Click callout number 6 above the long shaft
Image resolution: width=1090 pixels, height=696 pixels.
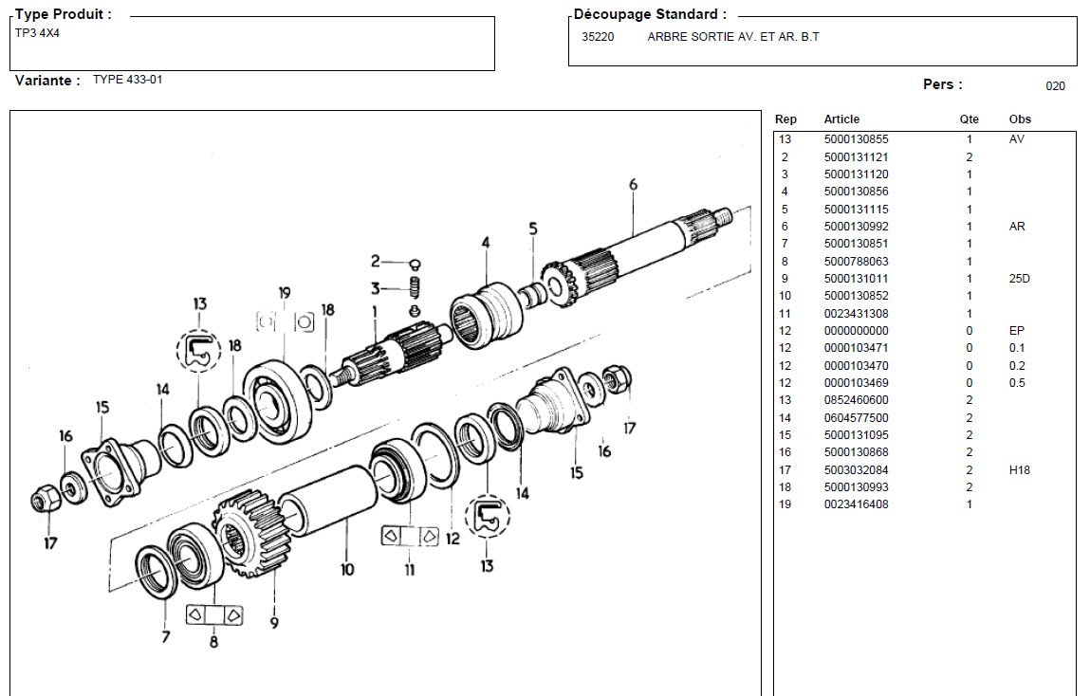pos(633,185)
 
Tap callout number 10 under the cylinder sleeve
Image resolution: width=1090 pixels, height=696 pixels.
pos(347,569)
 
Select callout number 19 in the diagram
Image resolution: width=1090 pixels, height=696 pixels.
pos(285,293)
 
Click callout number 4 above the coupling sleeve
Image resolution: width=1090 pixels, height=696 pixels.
pos(486,243)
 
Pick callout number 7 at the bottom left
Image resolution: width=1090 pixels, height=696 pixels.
pos(166,636)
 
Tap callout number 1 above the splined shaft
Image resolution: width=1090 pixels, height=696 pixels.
pos(375,310)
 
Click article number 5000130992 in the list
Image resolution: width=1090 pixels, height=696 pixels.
pos(856,227)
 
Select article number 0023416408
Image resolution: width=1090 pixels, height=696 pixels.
pos(856,504)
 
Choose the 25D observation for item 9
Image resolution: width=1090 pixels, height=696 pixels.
pos(1019,279)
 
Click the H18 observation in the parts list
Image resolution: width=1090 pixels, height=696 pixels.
pos(1019,470)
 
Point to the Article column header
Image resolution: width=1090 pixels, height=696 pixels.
pos(841,119)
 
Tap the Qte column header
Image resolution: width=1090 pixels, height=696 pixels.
pos(969,119)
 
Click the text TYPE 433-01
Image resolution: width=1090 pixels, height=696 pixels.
pos(127,80)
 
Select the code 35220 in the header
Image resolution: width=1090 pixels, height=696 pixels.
pos(598,38)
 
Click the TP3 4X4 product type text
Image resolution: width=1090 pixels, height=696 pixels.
pos(38,33)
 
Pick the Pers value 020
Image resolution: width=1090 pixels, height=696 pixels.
pos(1055,86)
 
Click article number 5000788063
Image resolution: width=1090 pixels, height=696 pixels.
pos(856,262)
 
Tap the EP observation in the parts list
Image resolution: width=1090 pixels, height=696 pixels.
pos(1016,331)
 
